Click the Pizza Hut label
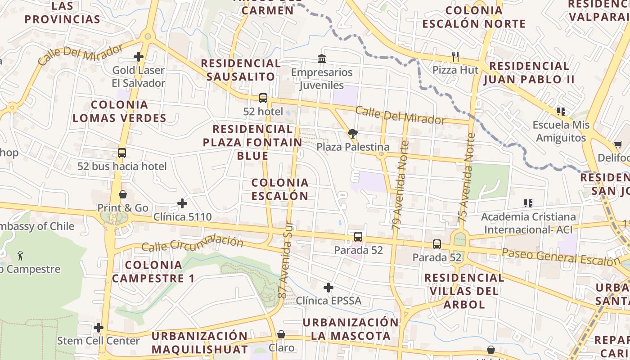tap(455, 70)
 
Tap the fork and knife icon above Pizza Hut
tap(455, 57)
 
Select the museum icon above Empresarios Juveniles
tap(322, 58)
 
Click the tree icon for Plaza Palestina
tap(352, 133)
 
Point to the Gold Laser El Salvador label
tap(139, 76)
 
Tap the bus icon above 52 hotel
tap(263, 98)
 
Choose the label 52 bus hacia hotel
tap(122, 166)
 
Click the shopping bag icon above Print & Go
tap(123, 194)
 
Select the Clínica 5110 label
tap(182, 217)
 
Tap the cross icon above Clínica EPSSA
tap(328, 287)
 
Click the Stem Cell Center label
tap(98, 341)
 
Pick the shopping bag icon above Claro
tap(281, 334)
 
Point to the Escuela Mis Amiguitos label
tap(561, 131)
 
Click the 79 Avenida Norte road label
tap(400, 185)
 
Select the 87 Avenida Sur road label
tap(286, 261)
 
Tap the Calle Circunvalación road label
tap(192, 243)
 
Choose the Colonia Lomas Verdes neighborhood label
tap(120, 111)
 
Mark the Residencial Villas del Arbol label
tap(464, 291)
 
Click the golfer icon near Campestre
tap(20, 256)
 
